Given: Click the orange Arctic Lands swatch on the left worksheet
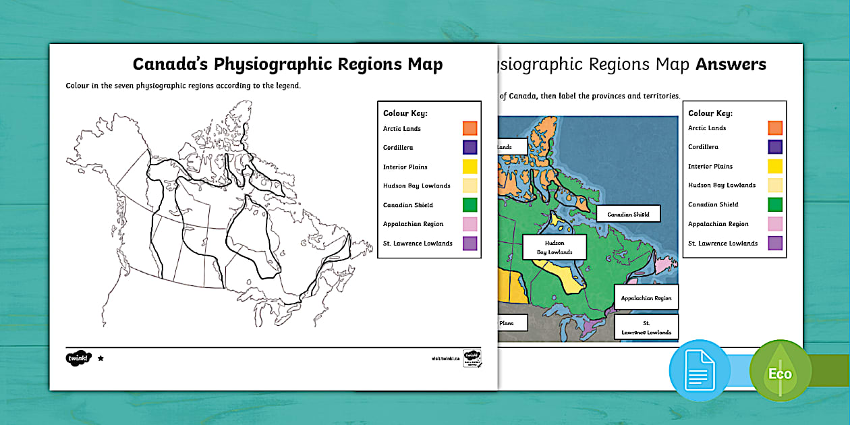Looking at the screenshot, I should click(470, 128).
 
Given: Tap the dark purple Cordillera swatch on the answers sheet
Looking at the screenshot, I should click(775, 147).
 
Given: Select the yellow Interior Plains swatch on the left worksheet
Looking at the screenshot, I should click(470, 167).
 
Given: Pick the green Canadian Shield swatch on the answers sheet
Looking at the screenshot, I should click(775, 204).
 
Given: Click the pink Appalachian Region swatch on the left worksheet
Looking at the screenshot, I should click(470, 224).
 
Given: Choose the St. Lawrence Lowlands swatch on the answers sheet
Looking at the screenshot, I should click(775, 243).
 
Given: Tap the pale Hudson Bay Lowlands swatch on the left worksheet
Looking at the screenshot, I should click(470, 186).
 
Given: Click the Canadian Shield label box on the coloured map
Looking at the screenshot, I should click(628, 215).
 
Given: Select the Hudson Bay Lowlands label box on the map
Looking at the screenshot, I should click(555, 247).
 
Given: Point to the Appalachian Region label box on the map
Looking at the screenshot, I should click(646, 297).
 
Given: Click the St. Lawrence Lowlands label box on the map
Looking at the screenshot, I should click(646, 328).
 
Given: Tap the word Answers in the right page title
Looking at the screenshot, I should click(731, 65).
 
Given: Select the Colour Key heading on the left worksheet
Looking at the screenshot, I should click(405, 113).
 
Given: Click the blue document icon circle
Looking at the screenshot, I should click(700, 370).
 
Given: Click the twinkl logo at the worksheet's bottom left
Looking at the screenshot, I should click(78, 358).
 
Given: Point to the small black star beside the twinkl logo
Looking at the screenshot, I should click(101, 358).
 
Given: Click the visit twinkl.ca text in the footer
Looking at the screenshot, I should click(445, 359).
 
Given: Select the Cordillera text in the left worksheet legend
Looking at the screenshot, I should click(398, 148).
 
